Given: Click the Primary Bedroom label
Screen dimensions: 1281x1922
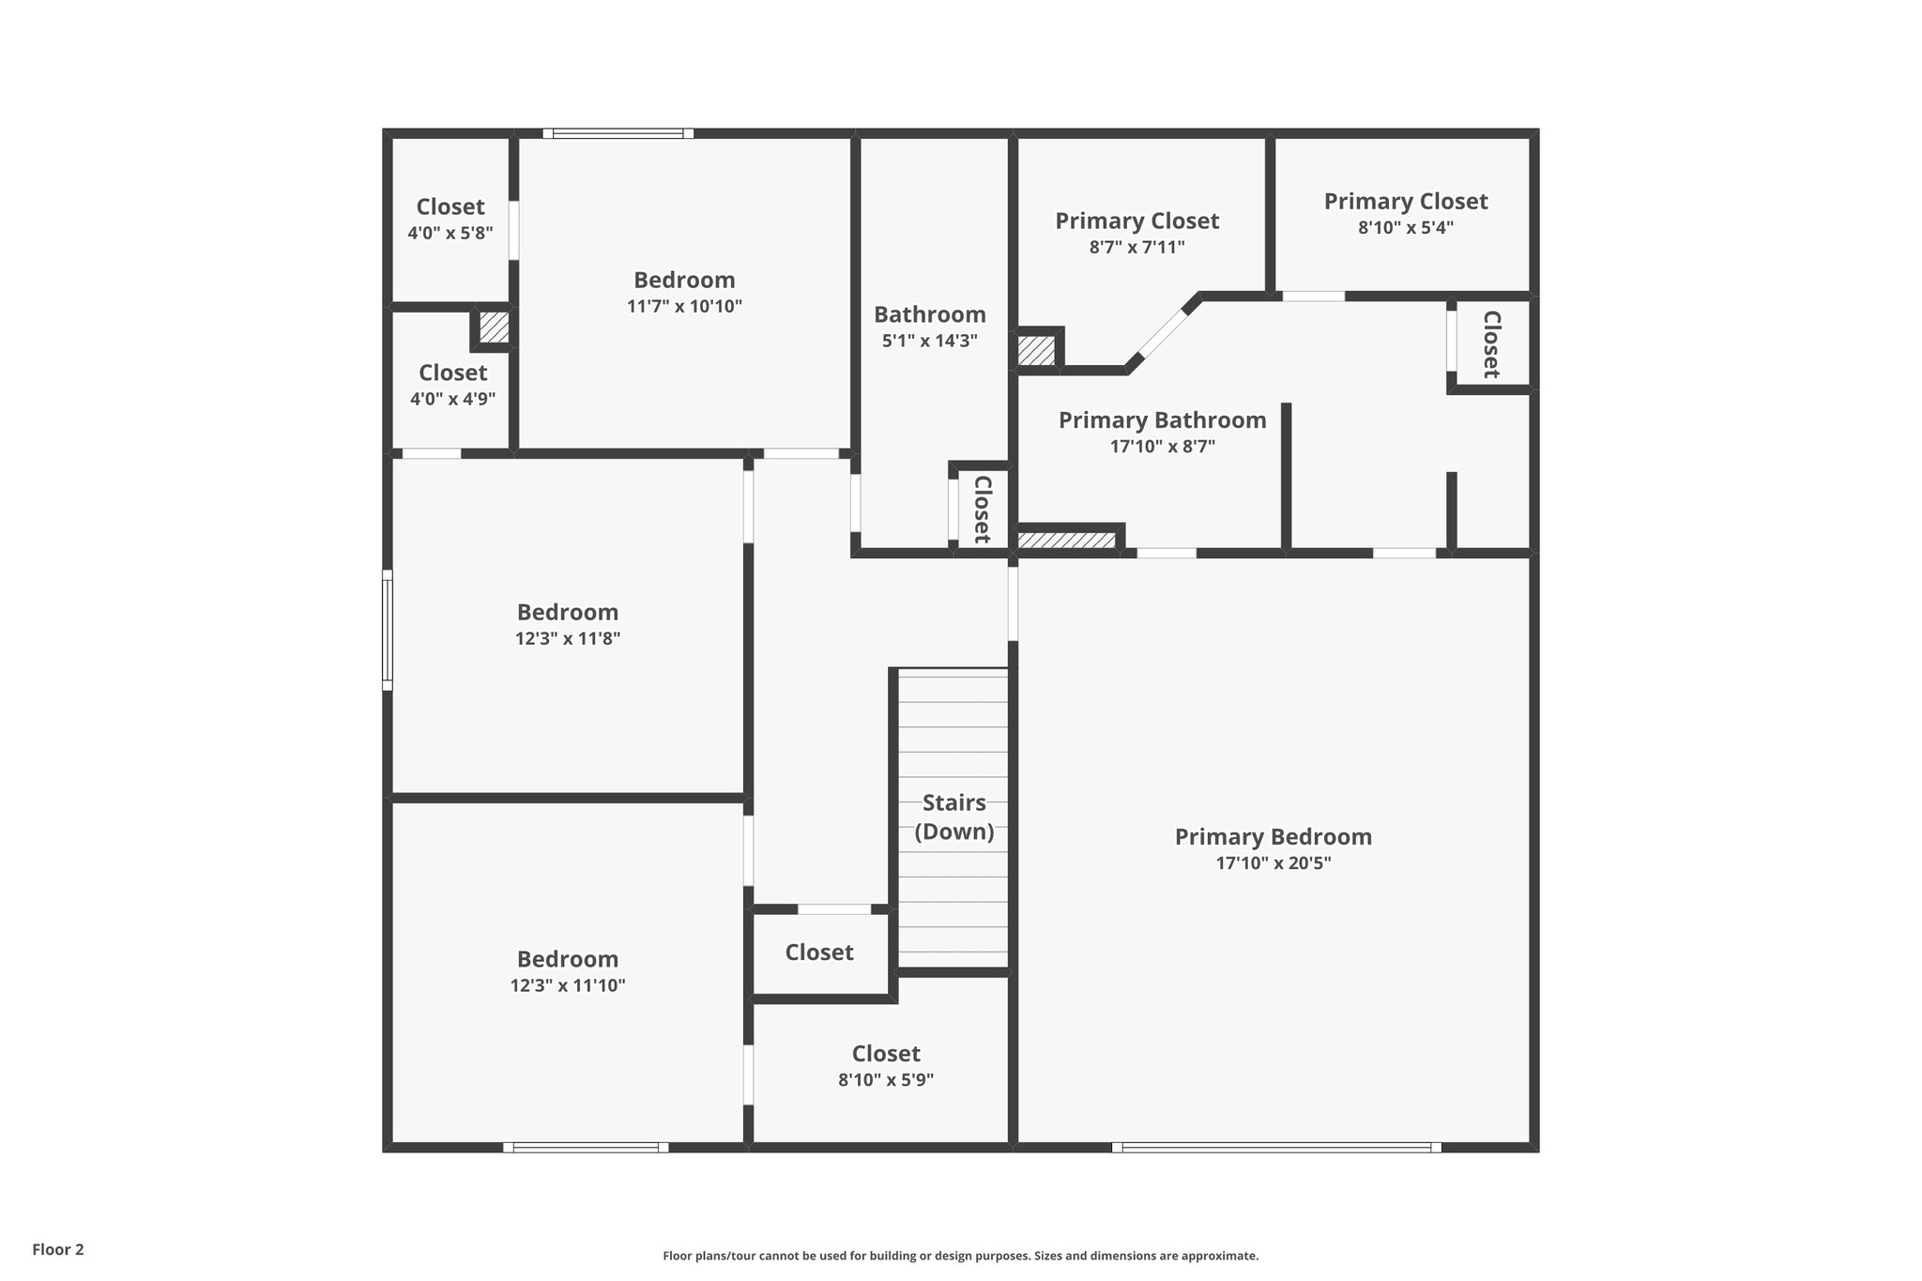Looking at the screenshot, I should pyautogui.click(x=1273, y=836).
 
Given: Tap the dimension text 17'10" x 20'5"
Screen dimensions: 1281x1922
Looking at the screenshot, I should pyautogui.click(x=1273, y=863).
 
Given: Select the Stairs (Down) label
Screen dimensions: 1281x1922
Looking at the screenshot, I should pyautogui.click(x=953, y=816).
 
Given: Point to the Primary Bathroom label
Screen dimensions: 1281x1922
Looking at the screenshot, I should pyautogui.click(x=1162, y=420).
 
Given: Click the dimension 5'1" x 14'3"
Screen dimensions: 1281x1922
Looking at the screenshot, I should pyautogui.click(x=929, y=342).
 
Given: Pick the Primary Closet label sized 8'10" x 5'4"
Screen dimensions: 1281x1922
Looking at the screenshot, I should pyautogui.click(x=1405, y=202).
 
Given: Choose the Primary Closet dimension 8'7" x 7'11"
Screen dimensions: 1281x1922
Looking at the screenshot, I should pyautogui.click(x=1136, y=248).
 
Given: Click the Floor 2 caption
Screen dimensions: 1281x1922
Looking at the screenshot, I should pyautogui.click(x=58, y=1249).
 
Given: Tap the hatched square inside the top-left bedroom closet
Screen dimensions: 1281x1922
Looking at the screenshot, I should pyautogui.click(x=494, y=328).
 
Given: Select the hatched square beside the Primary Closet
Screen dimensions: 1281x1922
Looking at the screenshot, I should pyautogui.click(x=1036, y=350).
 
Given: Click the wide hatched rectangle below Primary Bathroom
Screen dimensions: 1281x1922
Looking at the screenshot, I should pyautogui.click(x=1066, y=540).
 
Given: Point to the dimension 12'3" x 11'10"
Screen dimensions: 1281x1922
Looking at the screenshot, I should pyautogui.click(x=568, y=985).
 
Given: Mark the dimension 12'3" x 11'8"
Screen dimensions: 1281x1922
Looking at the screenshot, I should pyautogui.click(x=568, y=639).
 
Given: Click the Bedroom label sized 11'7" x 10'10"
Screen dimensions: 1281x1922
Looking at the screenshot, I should pyautogui.click(x=684, y=280).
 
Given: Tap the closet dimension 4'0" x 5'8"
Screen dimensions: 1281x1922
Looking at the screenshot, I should pyautogui.click(x=450, y=234).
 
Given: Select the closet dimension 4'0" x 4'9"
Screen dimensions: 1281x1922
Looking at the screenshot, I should pyautogui.click(x=452, y=399).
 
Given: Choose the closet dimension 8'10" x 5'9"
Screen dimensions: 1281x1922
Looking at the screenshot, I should pyautogui.click(x=885, y=1080).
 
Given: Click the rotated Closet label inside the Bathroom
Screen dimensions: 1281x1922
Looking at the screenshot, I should pyautogui.click(x=982, y=510).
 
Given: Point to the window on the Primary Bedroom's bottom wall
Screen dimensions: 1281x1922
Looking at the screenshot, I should pyautogui.click(x=1276, y=1147).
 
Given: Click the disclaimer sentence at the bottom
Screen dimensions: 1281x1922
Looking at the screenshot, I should pyautogui.click(x=960, y=1256).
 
